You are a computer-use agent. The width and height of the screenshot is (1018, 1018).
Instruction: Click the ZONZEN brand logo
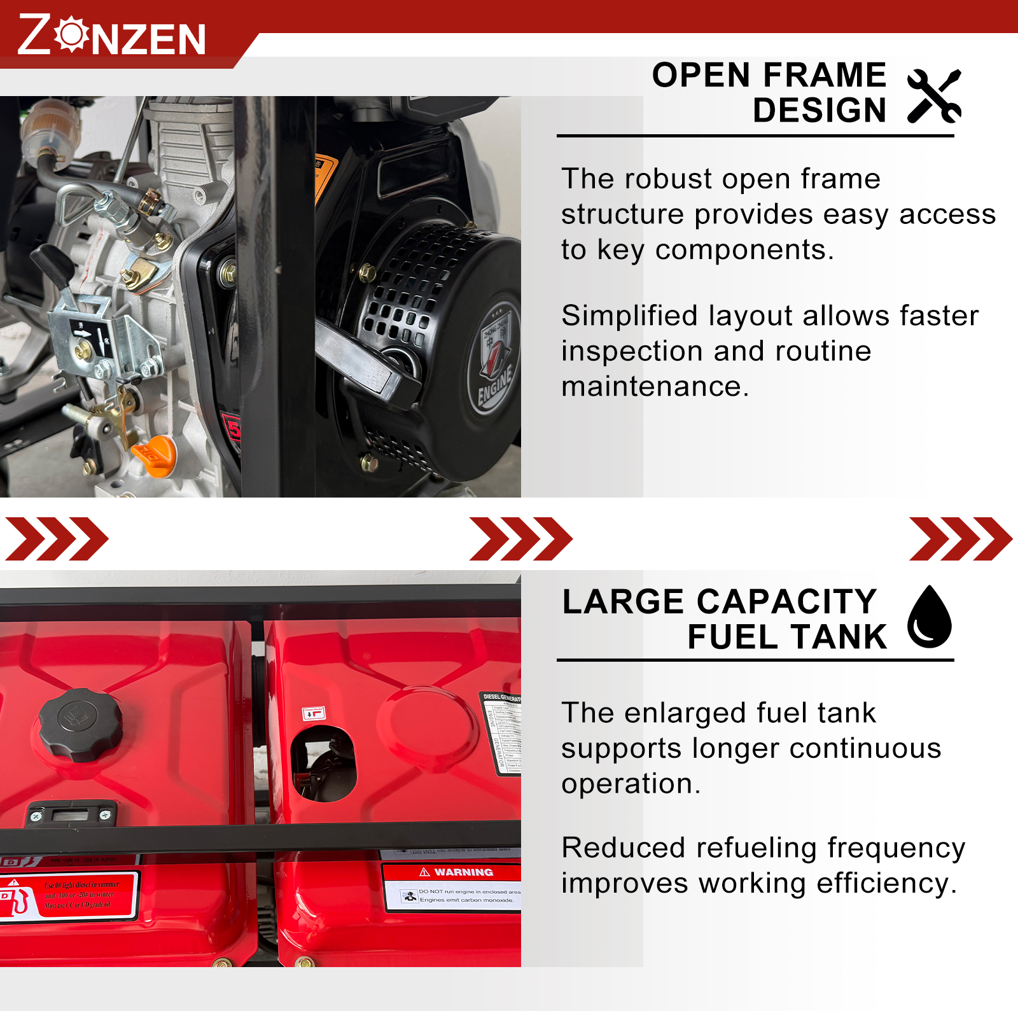click(112, 35)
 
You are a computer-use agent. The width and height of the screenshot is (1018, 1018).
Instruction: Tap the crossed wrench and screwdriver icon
click(934, 96)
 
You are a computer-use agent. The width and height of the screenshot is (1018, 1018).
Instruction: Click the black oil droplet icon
click(929, 617)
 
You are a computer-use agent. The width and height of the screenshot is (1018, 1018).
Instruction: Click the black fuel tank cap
click(80, 725)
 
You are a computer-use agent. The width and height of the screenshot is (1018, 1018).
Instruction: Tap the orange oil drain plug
click(155, 454)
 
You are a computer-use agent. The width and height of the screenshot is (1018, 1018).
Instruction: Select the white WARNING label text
click(463, 872)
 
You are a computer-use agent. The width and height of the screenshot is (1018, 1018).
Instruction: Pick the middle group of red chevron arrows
click(520, 539)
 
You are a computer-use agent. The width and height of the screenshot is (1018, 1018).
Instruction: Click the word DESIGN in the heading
click(819, 111)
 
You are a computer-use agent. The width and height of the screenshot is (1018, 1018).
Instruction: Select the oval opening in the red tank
click(323, 763)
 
